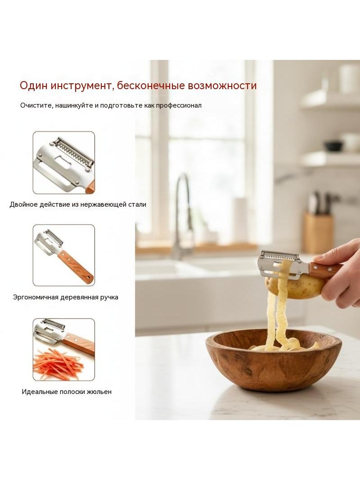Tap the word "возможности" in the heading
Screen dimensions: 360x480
coord(222,86)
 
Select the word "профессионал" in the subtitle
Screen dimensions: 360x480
coord(179,106)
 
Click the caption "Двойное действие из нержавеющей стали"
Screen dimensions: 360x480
coord(78,204)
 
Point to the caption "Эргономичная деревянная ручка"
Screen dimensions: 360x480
coord(65,297)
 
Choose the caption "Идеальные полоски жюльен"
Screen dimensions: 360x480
coord(67,392)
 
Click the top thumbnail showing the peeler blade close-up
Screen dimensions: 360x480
coord(64,163)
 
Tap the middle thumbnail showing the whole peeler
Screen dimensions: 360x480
coord(64,255)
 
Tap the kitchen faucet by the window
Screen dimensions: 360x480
coord(183,214)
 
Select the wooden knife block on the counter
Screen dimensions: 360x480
coord(318,233)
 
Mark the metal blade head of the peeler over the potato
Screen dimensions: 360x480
coord(284,263)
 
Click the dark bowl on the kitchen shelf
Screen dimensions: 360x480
coord(333,146)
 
